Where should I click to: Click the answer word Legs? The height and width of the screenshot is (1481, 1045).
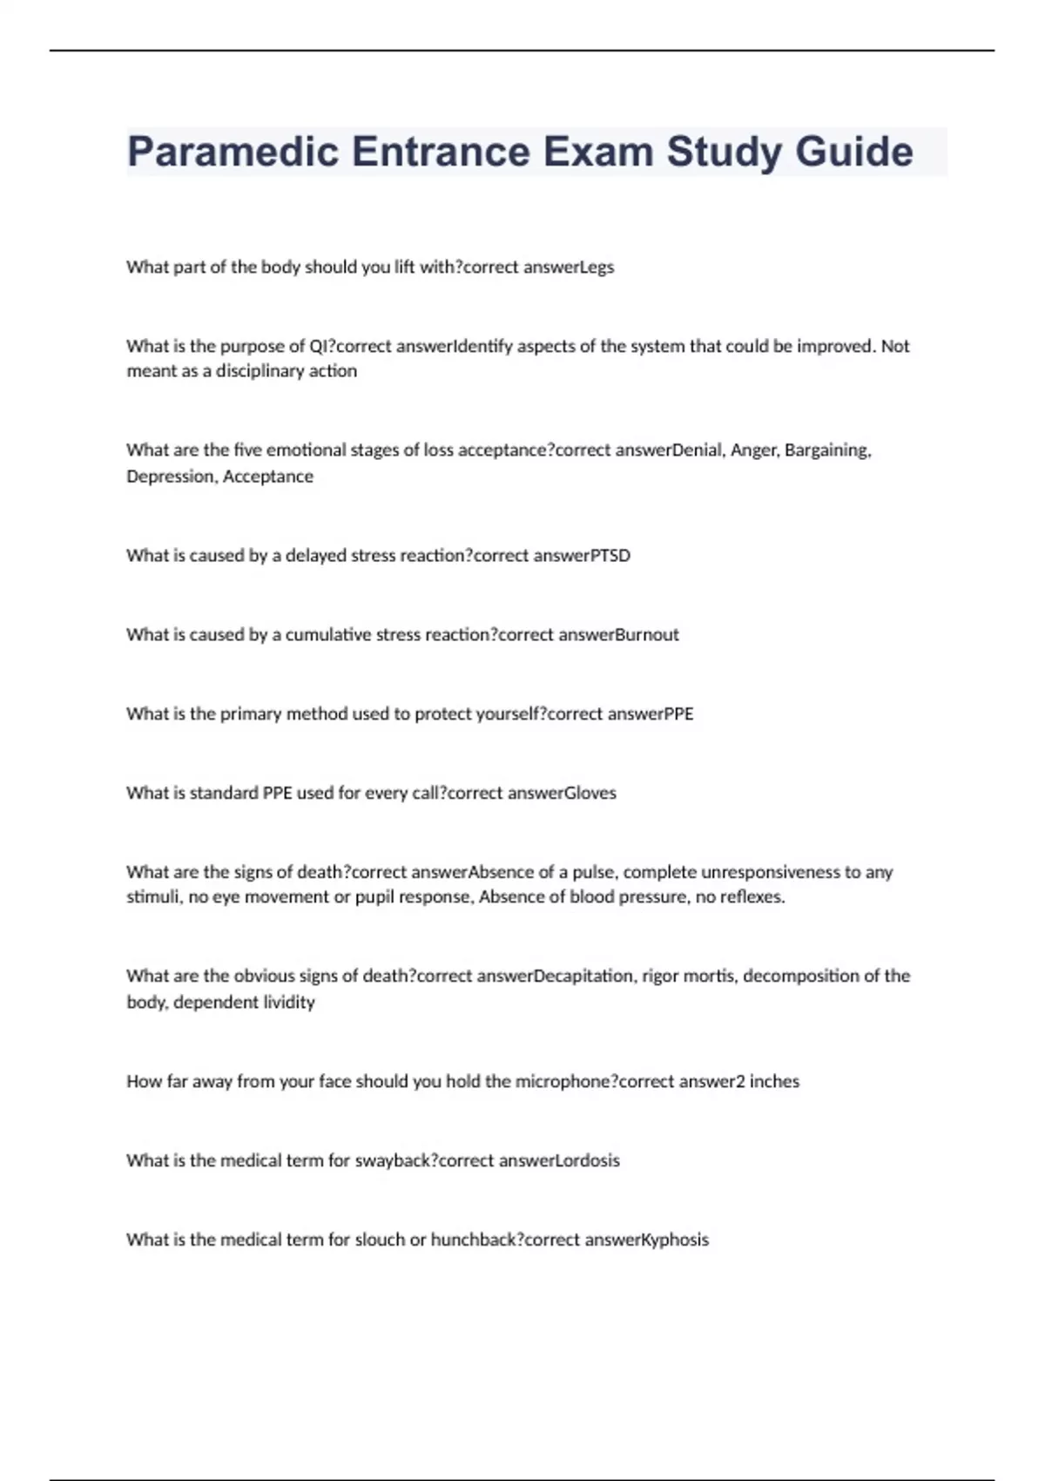[x=597, y=267]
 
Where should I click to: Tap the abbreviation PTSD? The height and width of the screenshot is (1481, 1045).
[x=610, y=556]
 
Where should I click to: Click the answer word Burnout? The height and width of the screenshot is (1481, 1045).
[x=647, y=635]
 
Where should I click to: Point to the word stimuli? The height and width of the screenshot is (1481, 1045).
[x=153, y=897]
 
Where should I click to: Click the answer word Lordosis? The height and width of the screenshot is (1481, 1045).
[x=587, y=1161]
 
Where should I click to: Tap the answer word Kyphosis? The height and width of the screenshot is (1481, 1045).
[x=675, y=1241]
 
